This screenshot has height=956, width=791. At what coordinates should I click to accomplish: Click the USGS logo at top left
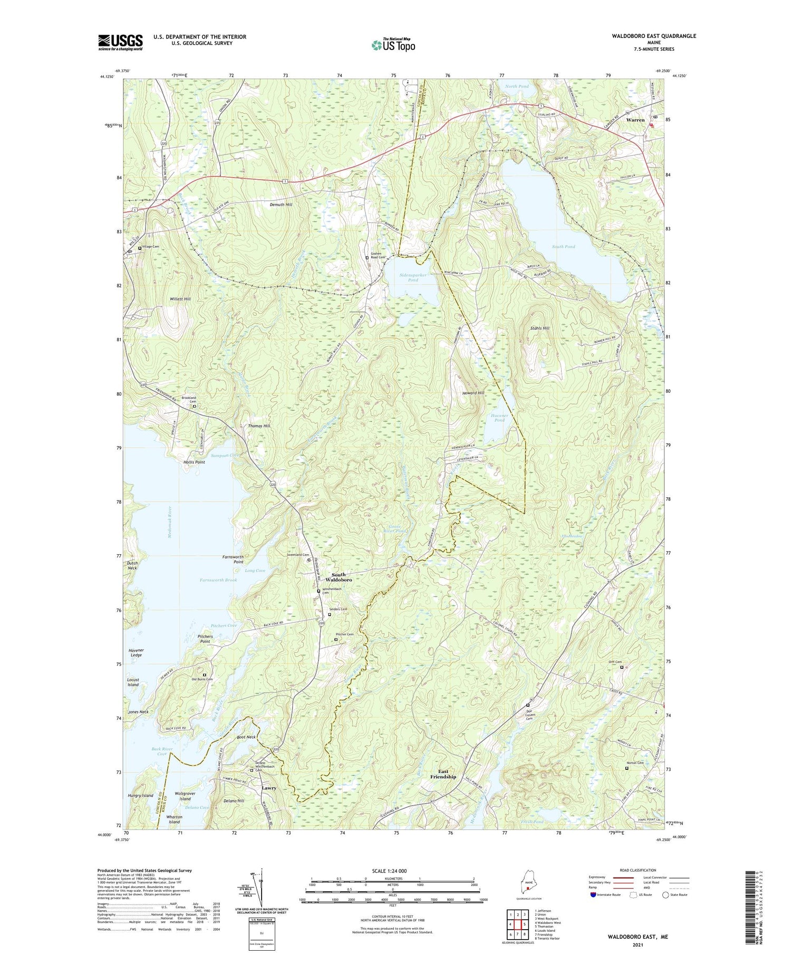(x=120, y=42)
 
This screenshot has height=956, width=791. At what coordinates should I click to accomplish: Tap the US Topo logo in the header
(x=393, y=45)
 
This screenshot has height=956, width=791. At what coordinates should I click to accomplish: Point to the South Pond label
(x=563, y=246)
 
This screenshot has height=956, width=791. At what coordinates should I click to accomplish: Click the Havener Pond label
(x=499, y=418)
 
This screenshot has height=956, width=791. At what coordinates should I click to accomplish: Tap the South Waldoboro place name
(x=339, y=577)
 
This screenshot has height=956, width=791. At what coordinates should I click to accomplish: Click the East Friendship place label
(x=443, y=774)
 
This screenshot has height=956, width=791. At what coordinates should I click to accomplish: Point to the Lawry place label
(x=269, y=788)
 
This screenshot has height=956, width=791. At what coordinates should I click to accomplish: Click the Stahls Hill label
(x=539, y=329)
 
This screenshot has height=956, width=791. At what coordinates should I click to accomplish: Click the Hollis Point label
(x=194, y=462)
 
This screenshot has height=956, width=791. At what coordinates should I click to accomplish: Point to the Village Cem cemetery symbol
(x=140, y=248)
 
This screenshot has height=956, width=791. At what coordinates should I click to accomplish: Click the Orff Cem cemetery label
(x=615, y=662)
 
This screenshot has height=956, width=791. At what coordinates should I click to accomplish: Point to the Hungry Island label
(x=140, y=796)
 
